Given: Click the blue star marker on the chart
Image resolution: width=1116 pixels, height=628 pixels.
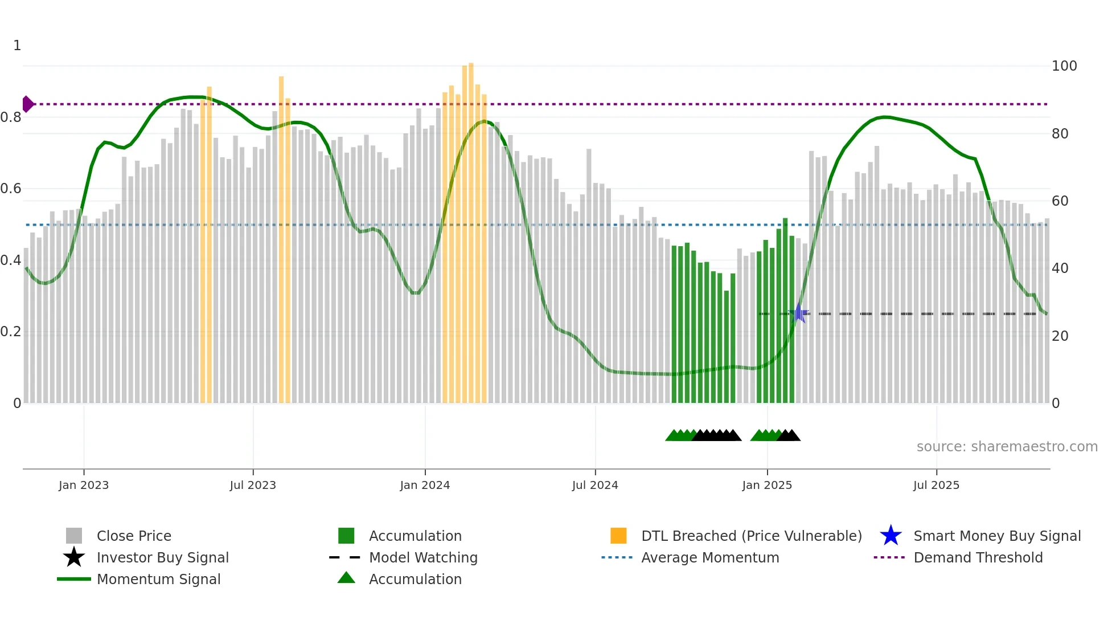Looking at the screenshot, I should [799, 313].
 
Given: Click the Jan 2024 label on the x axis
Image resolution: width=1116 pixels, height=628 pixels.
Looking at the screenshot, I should [425, 486].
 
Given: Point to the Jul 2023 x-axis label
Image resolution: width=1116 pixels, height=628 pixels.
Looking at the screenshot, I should [253, 486].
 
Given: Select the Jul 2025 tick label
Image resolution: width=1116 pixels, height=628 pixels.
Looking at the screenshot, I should [936, 486].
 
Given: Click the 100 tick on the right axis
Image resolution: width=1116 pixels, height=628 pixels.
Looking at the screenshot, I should [1064, 66].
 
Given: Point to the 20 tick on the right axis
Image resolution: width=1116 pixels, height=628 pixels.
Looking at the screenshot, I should [1060, 336].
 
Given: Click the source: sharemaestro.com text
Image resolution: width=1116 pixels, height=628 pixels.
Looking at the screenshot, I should [1007, 447].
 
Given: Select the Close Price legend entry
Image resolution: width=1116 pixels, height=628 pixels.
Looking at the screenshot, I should [134, 536].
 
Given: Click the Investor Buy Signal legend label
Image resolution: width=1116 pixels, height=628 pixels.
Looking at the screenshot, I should [162, 558].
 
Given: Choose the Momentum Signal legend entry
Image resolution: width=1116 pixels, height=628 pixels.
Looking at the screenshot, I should [158, 580].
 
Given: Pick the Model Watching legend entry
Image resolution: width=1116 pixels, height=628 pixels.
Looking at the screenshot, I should [423, 558].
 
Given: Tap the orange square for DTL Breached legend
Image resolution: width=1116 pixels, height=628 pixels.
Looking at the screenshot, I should [618, 536].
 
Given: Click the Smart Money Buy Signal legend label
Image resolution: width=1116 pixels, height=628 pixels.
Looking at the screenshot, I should [997, 536].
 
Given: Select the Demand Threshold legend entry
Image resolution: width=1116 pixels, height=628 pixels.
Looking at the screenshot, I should [978, 558].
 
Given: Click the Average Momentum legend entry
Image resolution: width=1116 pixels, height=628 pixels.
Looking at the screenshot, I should [710, 558].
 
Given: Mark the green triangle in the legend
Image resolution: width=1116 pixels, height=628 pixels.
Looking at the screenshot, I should [346, 578].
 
